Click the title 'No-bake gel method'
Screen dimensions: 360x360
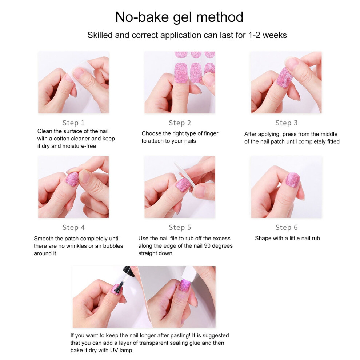[x=179, y=17]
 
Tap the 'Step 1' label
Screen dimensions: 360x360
[x=73, y=123]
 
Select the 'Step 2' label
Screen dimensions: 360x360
[x=180, y=123]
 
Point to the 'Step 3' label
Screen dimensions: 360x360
[x=286, y=123]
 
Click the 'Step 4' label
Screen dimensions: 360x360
[x=73, y=227]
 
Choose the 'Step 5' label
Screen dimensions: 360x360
[x=180, y=227]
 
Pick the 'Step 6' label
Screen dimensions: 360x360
[x=286, y=227]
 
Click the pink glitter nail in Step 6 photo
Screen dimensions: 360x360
[x=292, y=180]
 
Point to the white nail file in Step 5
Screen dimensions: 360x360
[x=185, y=174]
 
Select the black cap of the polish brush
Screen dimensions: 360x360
[x=129, y=271]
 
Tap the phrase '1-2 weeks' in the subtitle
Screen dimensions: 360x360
[x=268, y=35]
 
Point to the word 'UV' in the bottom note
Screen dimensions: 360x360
[x=114, y=350]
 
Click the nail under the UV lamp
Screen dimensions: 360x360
[x=185, y=286]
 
